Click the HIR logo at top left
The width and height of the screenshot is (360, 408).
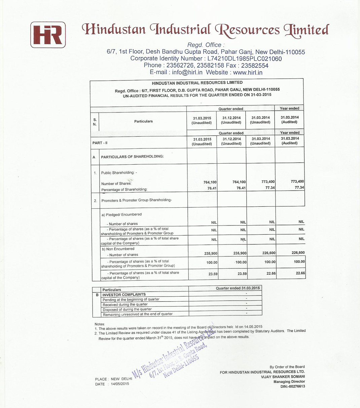tap(48, 35)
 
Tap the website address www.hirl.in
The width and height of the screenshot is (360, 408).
tap(248, 72)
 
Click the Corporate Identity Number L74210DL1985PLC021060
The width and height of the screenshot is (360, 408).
tap(245, 59)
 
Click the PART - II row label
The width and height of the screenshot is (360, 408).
tap(100, 143)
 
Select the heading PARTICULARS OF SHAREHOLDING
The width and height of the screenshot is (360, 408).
tap(132, 157)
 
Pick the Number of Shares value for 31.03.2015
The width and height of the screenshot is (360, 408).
tap(210, 182)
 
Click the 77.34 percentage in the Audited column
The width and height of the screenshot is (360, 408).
tap(299, 188)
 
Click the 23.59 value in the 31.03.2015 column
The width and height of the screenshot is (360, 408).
tap(213, 274)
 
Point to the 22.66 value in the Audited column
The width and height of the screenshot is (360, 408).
tap(300, 273)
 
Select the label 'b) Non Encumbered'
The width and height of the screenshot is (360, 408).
tap(118, 249)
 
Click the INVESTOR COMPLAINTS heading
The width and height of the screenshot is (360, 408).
tap(124, 295)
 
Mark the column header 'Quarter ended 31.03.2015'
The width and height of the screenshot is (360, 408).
tap(238, 288)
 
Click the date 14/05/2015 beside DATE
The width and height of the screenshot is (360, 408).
tap(120, 384)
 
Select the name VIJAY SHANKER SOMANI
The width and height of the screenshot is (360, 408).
tap(283, 377)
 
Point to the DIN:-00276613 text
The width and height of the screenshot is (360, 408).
tap(293, 386)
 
